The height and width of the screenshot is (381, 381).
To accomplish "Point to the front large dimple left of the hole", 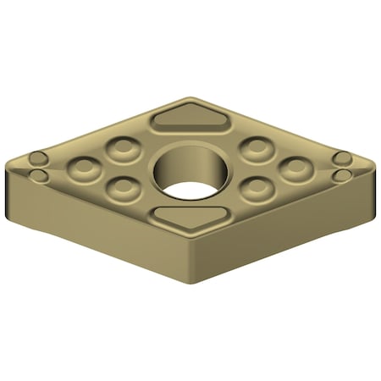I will click(125, 187).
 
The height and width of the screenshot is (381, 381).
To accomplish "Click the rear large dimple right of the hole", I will click(255, 149).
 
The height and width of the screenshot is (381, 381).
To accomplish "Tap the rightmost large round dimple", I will click(295, 168).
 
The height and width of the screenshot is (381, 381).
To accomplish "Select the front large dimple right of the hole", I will click(256, 188).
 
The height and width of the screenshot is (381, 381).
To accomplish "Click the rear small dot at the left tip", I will click(38, 158).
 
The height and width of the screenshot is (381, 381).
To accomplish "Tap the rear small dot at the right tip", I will click(341, 158).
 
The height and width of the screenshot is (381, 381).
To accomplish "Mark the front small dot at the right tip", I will click(341, 175).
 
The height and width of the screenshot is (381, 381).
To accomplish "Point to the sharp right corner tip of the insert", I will click(375, 166).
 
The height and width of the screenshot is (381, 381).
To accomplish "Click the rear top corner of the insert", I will click(192, 99).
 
